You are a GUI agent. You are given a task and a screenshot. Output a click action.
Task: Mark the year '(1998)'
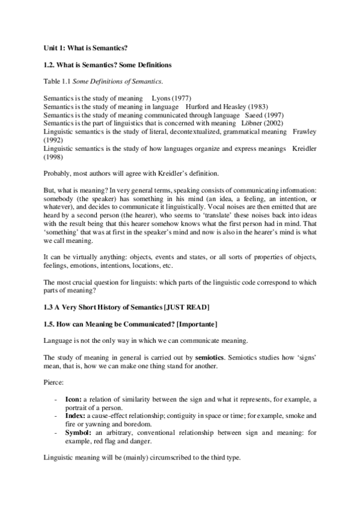[55, 157]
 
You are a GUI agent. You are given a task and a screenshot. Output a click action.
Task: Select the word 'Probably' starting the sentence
[58, 174]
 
